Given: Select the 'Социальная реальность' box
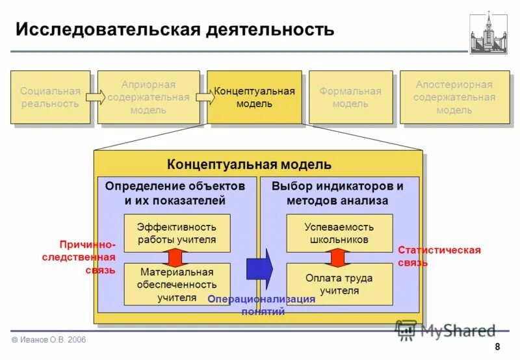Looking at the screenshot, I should [x=50, y=97].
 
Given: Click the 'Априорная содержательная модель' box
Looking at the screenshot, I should [x=148, y=97].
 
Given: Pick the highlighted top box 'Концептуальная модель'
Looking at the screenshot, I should [x=254, y=97].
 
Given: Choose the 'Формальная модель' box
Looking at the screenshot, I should [x=350, y=97].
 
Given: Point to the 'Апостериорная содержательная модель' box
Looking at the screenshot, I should [x=454, y=97].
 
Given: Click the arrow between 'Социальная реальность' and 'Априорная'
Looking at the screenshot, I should [x=96, y=97].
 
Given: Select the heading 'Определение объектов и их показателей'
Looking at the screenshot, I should [x=175, y=193].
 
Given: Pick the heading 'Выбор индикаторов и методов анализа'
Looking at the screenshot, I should [x=337, y=193].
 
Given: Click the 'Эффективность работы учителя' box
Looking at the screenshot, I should [x=177, y=233].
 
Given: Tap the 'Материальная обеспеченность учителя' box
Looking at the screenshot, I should [x=177, y=284].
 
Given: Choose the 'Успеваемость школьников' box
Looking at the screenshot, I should [x=339, y=233].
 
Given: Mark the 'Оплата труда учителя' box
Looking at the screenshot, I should [x=339, y=284].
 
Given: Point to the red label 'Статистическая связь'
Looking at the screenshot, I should [x=439, y=257].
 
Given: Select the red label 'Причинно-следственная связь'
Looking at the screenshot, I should [x=87, y=257].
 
